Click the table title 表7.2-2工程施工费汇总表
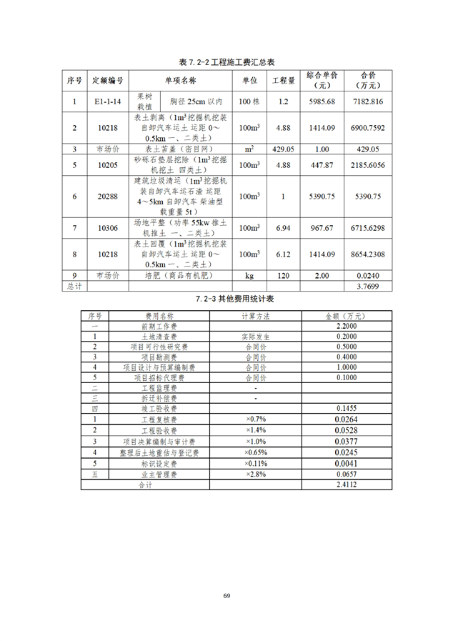click(x=226, y=63)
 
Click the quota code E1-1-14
click(x=108, y=101)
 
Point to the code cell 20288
click(x=108, y=197)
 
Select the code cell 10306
click(x=108, y=228)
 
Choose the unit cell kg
click(x=249, y=275)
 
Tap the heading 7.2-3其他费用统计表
click(x=226, y=298)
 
